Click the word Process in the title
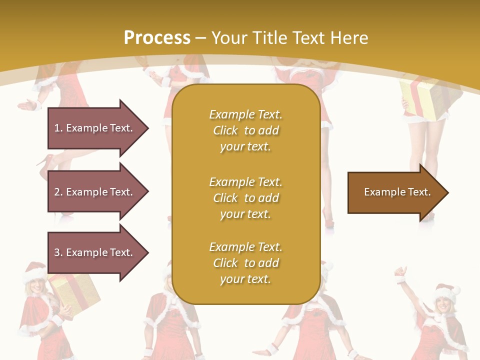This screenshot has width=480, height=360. [x=157, y=38]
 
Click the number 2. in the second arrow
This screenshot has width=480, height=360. [x=58, y=192]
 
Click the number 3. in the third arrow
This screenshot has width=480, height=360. [x=58, y=252]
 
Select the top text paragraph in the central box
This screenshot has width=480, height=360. [x=245, y=130]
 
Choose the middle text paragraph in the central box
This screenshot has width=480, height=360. [x=245, y=198]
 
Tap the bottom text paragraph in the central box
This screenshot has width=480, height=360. [x=245, y=263]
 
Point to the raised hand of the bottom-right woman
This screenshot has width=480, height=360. [x=400, y=272]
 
